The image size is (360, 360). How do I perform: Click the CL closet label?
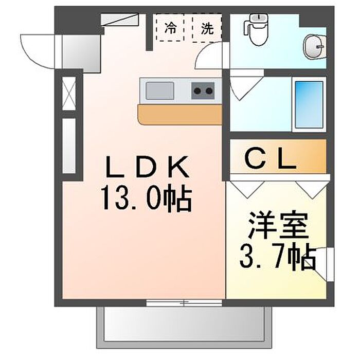[x=270, y=159]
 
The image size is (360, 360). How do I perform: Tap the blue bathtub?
[x=309, y=105]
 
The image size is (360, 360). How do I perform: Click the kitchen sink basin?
[x=160, y=92]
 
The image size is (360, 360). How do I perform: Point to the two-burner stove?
[x=203, y=92]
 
